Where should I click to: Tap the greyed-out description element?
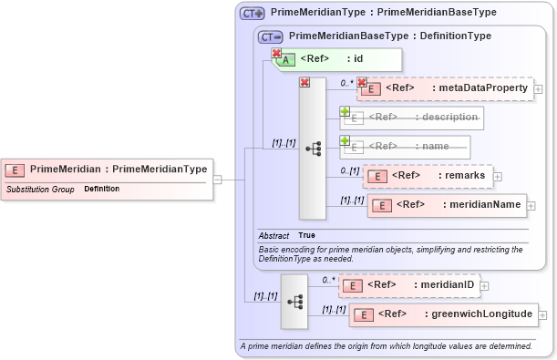tap(412, 118)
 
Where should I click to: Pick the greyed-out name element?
tap(406, 146)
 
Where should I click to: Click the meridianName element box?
tap(447, 206)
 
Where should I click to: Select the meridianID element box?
tap(409, 285)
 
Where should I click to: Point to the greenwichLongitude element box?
tap(444, 314)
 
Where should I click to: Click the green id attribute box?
tap(336, 59)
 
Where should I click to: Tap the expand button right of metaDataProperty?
tap(539, 89)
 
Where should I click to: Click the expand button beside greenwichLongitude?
tap(545, 315)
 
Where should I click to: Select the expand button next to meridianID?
tap(484, 286)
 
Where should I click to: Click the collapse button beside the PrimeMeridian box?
tap(217, 180)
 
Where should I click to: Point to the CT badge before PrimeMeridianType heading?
tap(252, 14)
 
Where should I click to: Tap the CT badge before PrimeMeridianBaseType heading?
tap(270, 36)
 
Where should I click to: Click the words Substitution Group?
tap(40, 190)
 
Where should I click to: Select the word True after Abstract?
tap(307, 235)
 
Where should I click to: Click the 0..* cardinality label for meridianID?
tap(328, 280)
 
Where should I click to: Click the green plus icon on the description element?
tap(346, 111)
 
